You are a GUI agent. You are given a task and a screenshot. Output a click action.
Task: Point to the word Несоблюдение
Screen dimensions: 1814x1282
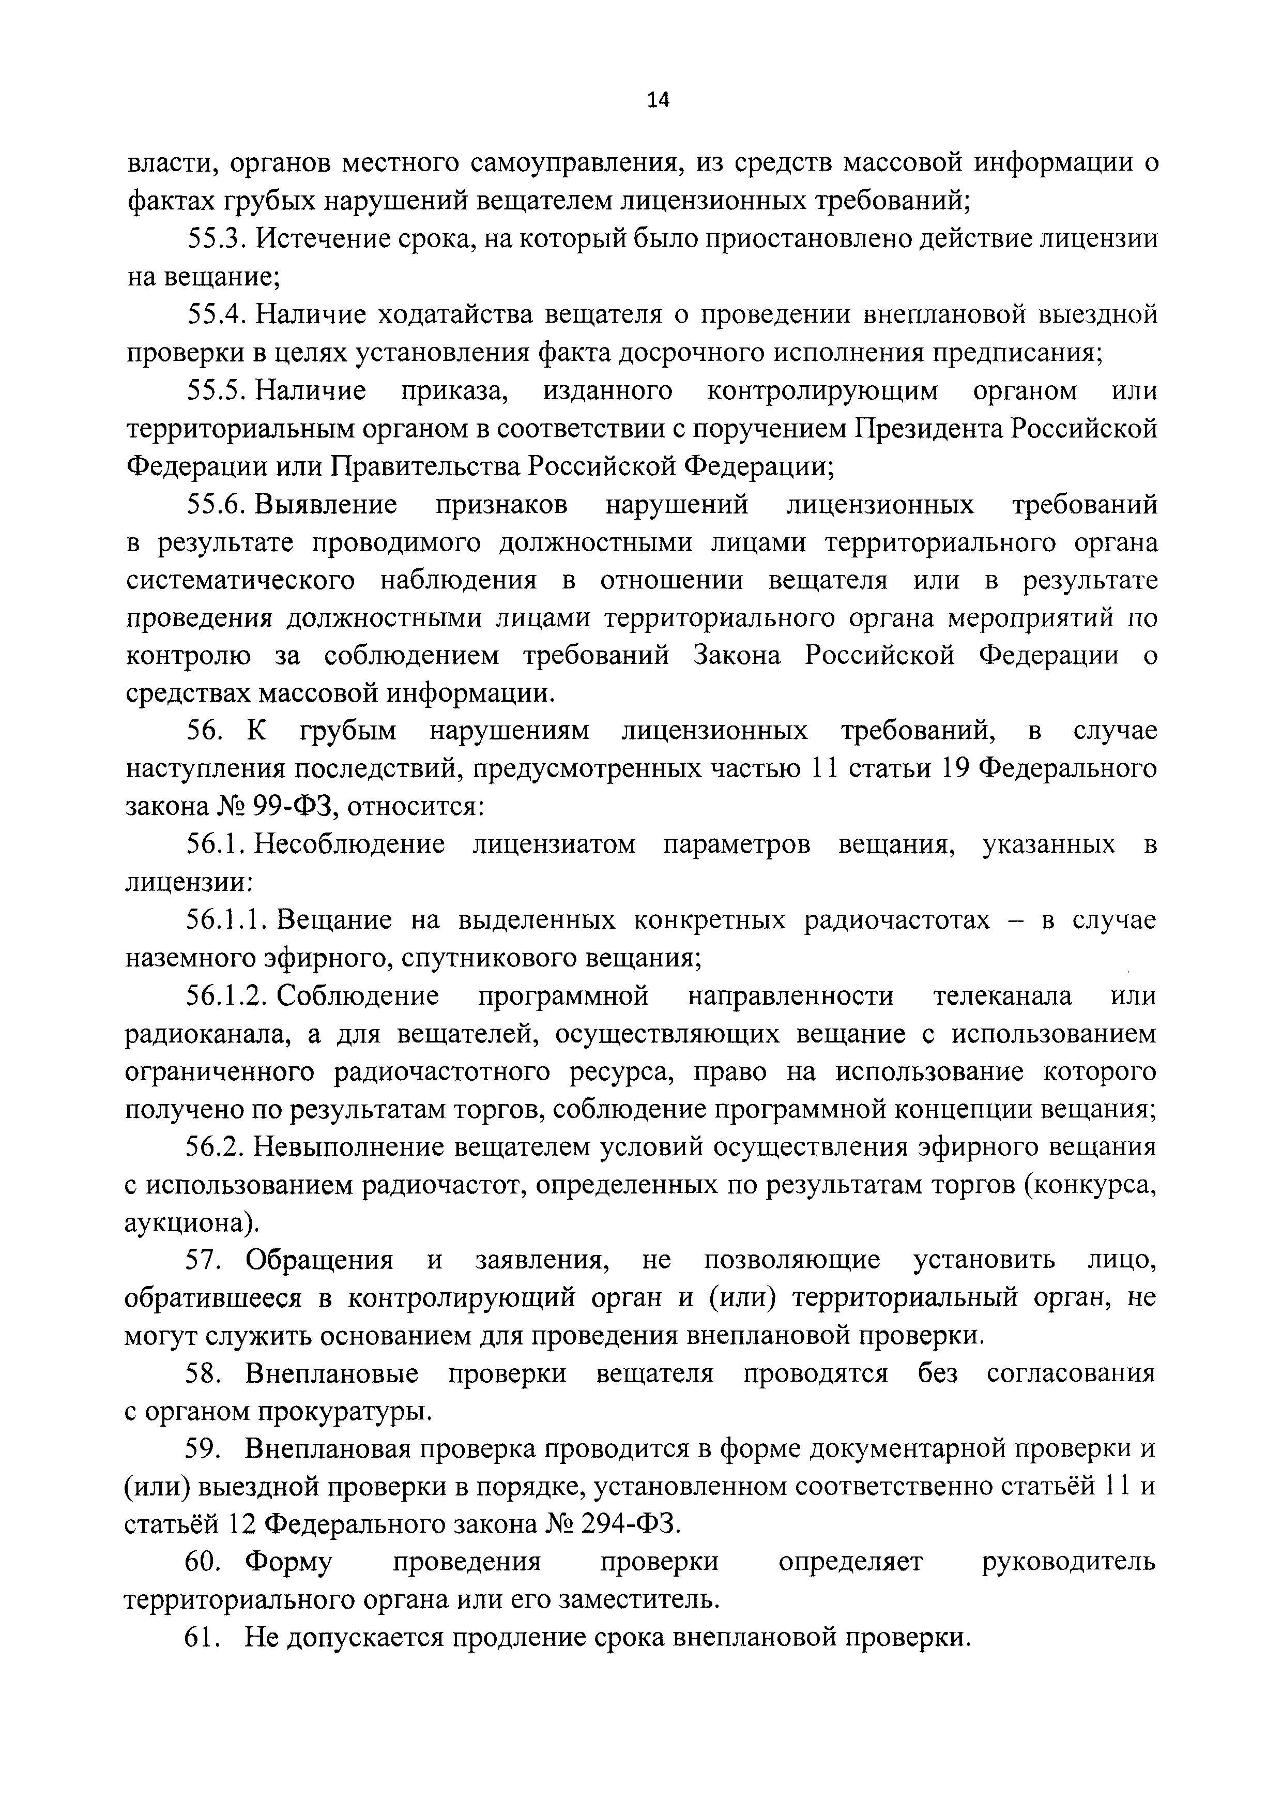[x=348, y=844]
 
